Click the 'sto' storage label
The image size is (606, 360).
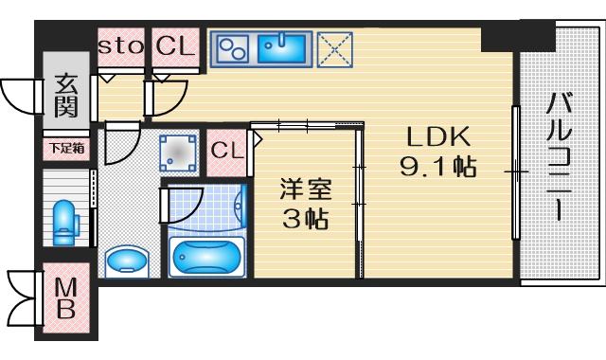pos(120,47)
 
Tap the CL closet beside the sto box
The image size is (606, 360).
pos(175,46)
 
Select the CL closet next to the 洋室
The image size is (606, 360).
pos(226,152)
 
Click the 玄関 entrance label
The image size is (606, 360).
pos(65,96)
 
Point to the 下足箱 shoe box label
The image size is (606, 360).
pos(67,148)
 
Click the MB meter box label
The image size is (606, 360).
pos(65,298)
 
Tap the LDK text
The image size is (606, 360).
pos(437,136)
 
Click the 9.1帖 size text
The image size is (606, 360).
pos(437,167)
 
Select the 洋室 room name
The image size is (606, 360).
pos(305,189)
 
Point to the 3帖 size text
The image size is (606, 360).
pos(305,219)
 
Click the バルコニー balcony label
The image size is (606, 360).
pos(559,156)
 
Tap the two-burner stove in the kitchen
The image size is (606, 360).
pos(232,48)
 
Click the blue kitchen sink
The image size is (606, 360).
pos(282,48)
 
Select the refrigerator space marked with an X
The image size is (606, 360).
pos(334,49)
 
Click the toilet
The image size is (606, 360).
pos(65,223)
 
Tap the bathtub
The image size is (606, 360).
pos(207,257)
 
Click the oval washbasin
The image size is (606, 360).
pos(127,261)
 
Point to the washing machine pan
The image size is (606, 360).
pos(178,153)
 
